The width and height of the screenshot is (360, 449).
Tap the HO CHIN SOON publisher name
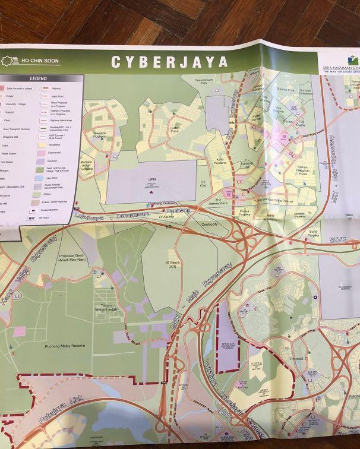[x=40, y=61]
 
